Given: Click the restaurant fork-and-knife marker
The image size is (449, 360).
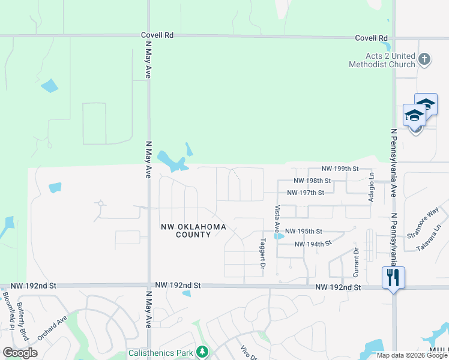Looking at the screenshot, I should [x=393, y=278].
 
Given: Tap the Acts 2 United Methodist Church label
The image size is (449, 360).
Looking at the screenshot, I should [x=382, y=60].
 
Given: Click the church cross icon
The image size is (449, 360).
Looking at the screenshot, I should [x=424, y=59].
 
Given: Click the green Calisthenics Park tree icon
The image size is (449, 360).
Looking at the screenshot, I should [x=203, y=351].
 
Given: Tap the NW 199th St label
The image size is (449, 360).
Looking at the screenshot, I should [x=340, y=169].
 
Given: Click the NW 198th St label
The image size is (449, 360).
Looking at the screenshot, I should [x=312, y=181].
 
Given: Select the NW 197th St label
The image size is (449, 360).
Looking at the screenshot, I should [x=306, y=193].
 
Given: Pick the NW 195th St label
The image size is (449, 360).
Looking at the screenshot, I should [x=303, y=231].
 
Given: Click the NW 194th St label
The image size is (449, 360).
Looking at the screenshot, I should [x=313, y=244].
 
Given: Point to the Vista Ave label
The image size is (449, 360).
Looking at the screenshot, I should [x=277, y=219].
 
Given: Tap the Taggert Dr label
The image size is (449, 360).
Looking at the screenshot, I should [x=262, y=254].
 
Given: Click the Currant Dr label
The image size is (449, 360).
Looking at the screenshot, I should [x=356, y=262].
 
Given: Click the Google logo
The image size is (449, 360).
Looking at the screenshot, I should [x=20, y=353].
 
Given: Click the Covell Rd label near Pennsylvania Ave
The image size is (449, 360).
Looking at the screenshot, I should [x=371, y=38].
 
